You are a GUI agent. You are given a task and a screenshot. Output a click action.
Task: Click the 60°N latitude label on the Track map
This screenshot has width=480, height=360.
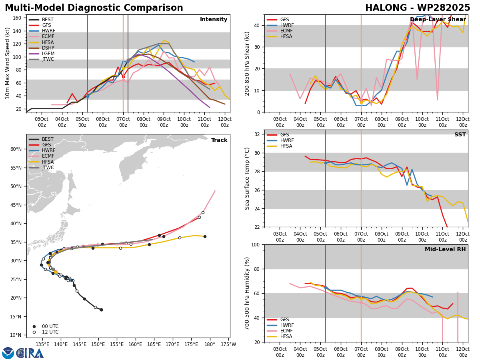point(16,149)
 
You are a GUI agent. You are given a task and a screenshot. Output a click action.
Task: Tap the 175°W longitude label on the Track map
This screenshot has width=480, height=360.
point(228,344)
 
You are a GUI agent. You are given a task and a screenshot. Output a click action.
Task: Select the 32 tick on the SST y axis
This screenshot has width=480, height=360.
point(257,134)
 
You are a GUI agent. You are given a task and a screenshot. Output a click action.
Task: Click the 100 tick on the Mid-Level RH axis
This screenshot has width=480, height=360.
point(256,244)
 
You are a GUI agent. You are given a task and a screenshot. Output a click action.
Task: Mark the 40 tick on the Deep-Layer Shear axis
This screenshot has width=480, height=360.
point(257,25)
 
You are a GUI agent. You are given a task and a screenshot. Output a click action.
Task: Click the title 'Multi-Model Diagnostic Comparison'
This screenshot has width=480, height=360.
point(94,8)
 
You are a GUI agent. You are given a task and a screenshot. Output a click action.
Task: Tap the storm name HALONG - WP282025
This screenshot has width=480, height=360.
point(418,8)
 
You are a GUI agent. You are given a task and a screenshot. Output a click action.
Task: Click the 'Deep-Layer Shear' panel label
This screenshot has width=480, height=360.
point(438,19)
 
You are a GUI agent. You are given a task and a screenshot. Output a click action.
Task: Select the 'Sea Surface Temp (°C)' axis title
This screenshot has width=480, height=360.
point(247,178)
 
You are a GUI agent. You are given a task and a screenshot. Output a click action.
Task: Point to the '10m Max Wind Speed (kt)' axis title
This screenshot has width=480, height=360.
point(7,63)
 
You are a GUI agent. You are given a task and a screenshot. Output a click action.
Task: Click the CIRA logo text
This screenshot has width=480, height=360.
point(30,353)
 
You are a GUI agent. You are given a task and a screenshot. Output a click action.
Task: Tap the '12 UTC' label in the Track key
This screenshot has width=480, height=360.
point(50,332)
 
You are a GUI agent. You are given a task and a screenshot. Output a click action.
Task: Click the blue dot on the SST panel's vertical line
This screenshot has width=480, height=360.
point(326,163)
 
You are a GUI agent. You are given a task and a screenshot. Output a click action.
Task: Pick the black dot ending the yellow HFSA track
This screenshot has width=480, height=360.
point(205,236)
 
